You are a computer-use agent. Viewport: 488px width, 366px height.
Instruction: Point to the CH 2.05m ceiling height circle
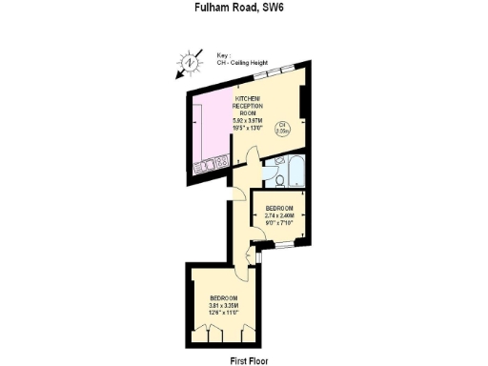283,129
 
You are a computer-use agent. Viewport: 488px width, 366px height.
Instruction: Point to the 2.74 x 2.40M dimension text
279,215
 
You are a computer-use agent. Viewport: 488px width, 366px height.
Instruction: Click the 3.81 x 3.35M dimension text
224,306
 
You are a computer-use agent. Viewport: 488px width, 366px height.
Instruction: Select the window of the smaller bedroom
282,246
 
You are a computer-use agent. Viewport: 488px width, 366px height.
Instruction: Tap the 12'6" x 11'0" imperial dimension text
224,313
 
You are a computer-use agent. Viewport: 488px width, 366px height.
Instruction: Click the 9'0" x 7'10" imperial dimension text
279,222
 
